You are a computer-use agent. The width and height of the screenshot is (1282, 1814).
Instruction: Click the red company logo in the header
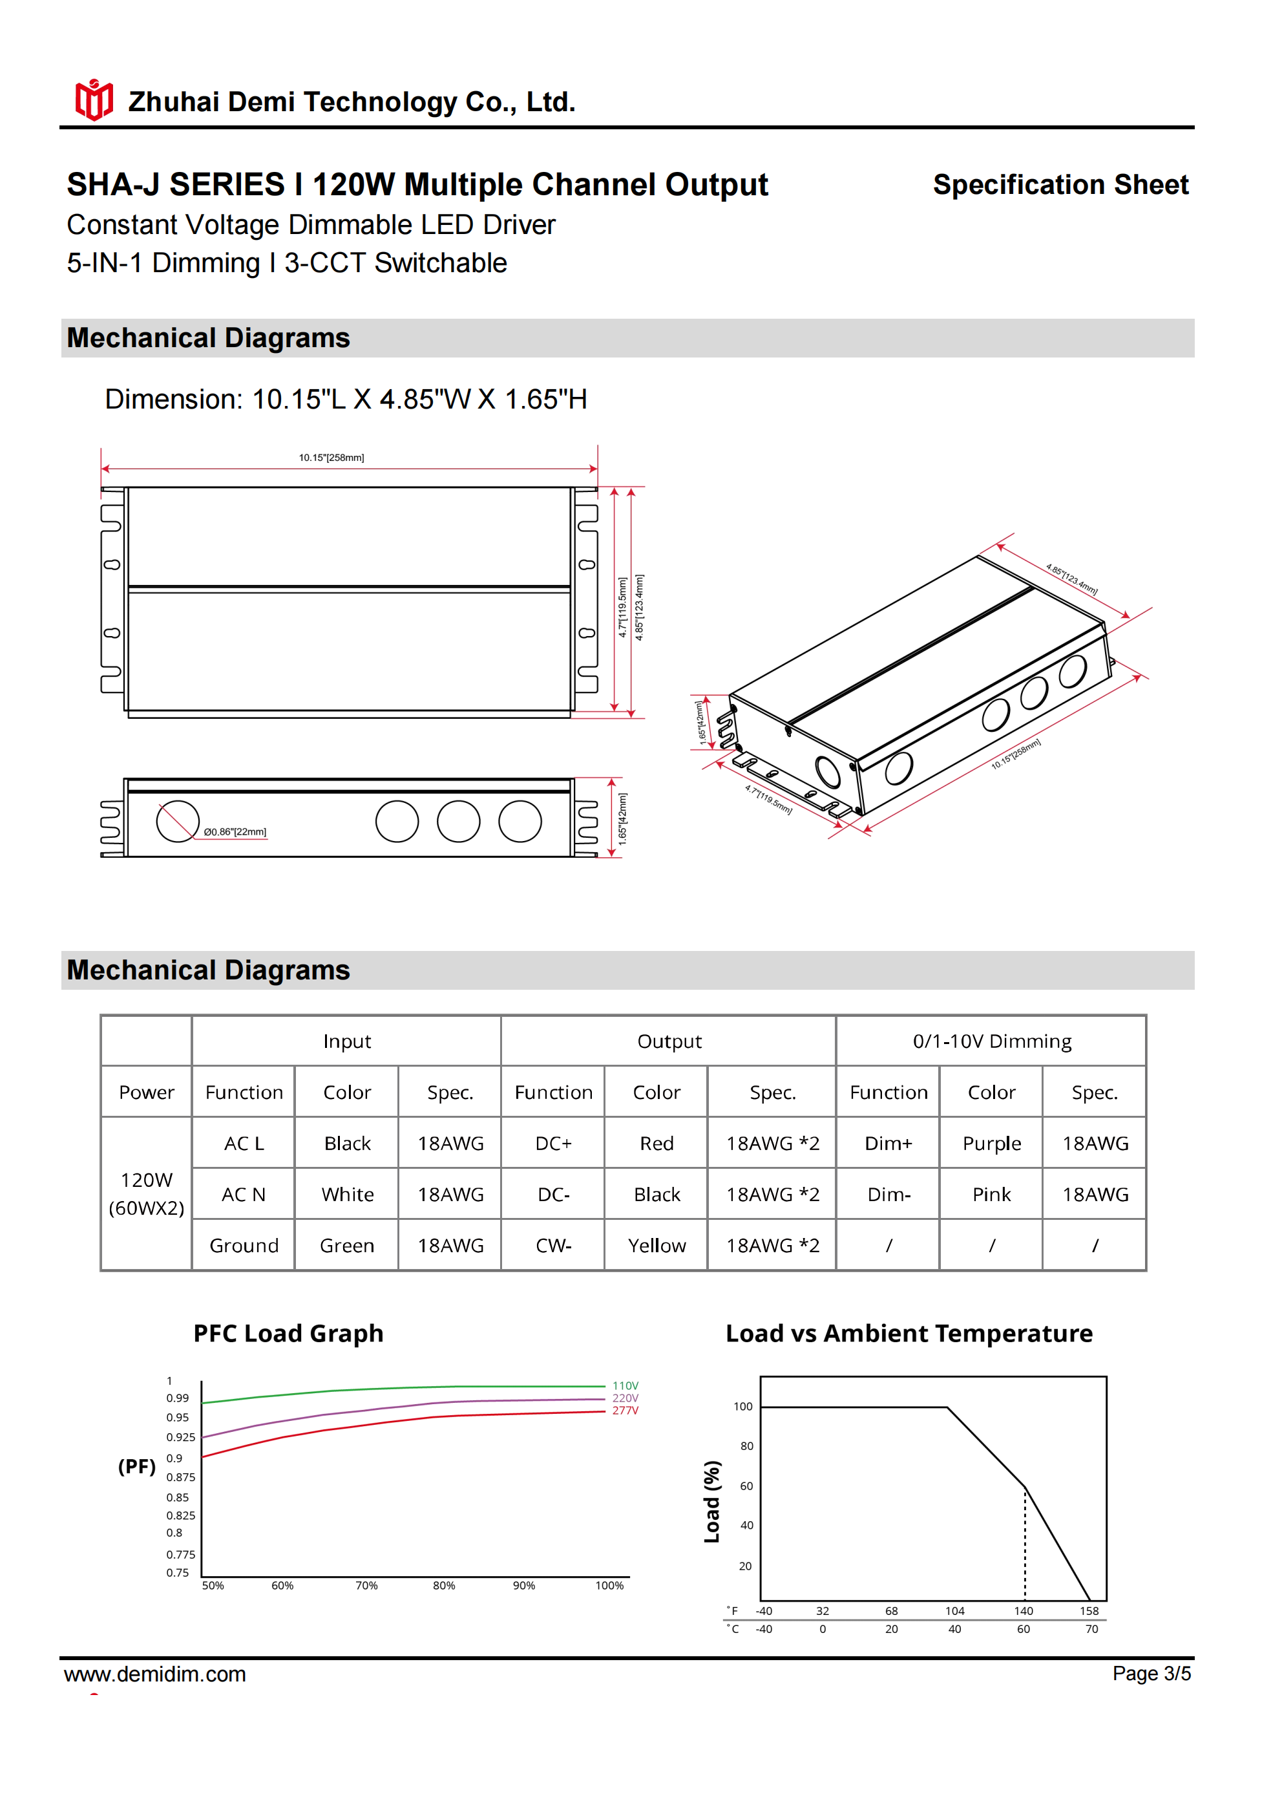pyautogui.click(x=93, y=100)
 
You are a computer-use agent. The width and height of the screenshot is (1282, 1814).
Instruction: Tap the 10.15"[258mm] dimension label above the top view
pyautogui.click(x=331, y=458)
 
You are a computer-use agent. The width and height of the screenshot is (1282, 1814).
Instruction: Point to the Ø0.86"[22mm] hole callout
pyautogui.click(x=235, y=832)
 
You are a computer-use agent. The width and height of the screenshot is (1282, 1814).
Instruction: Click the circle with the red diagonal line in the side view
pyautogui.click(x=178, y=822)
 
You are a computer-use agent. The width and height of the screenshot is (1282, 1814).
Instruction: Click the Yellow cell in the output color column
pyautogui.click(x=657, y=1245)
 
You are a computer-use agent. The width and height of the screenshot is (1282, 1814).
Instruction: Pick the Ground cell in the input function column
pyautogui.click(x=244, y=1245)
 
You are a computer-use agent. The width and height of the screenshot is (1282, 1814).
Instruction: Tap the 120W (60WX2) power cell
pyautogui.click(x=146, y=1194)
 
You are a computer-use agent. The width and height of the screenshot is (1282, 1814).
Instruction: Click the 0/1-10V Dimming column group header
pyautogui.click(x=991, y=1041)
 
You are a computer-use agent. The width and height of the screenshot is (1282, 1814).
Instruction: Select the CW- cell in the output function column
pyautogui.click(x=553, y=1245)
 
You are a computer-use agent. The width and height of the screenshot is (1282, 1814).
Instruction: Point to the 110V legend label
pyautogui.click(x=625, y=1386)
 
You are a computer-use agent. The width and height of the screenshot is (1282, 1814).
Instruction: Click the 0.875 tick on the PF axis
pyautogui.click(x=180, y=1477)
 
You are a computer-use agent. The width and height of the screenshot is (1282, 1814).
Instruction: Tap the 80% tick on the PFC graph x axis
pyautogui.click(x=444, y=1586)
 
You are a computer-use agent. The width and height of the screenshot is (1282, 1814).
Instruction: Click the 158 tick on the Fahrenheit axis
pyautogui.click(x=1089, y=1611)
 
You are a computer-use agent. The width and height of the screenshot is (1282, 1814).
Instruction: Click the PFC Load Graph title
pyautogui.click(x=288, y=1334)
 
